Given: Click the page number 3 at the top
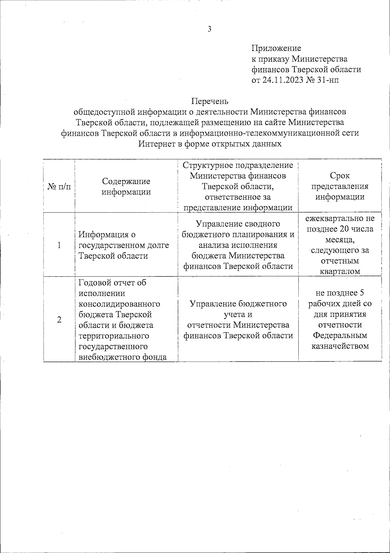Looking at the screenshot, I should tap(210, 29).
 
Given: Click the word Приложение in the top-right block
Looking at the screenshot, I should tap(276, 48).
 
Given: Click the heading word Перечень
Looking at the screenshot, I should tap(210, 101).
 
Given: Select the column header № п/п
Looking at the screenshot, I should tap(59, 187).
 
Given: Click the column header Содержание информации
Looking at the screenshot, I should tap(126, 186).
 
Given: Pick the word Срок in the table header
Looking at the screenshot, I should tap(340, 176).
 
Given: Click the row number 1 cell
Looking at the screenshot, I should tap(59, 245).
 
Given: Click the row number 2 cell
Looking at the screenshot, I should tap(59, 320).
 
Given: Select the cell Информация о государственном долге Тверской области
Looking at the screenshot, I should tap(124, 245).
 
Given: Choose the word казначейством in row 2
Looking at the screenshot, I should tap(340, 346).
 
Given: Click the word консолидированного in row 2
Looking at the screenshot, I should tap(120, 304).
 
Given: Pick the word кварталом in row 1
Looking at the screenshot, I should tap(340, 272).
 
